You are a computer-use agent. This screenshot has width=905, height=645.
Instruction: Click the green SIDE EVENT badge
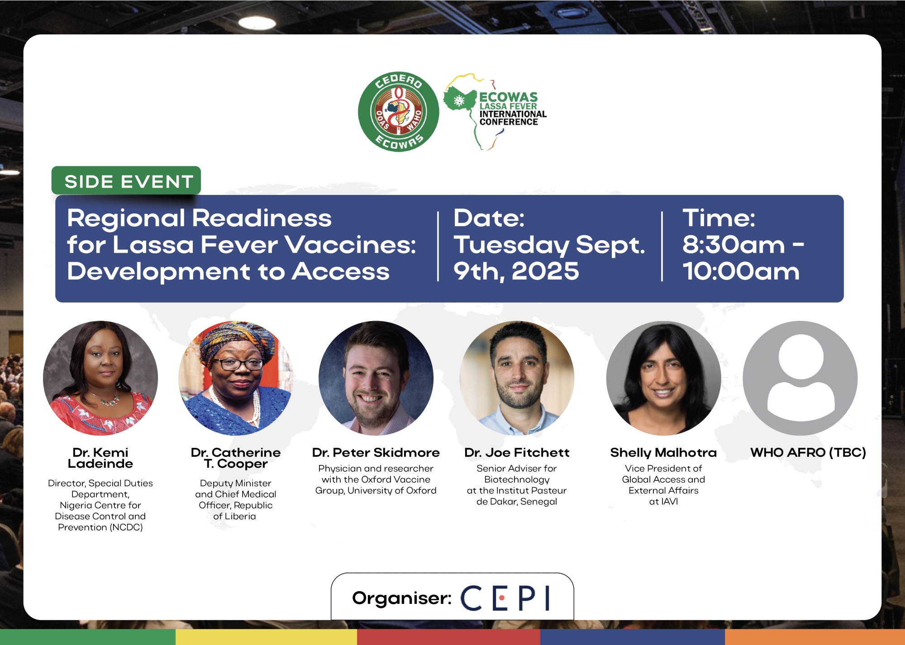(126, 181)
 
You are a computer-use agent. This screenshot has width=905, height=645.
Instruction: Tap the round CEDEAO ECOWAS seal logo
(399, 112)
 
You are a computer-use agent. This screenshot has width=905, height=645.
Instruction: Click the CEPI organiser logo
(505, 598)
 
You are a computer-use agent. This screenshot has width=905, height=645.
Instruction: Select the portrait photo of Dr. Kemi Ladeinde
(100, 378)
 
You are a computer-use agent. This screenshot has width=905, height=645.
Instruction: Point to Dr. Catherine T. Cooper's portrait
(236, 378)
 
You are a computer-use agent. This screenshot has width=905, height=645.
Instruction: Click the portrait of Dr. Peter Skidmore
(376, 378)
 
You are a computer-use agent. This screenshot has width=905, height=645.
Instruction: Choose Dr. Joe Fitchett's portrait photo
(517, 378)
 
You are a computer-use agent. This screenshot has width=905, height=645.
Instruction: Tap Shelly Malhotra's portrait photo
(663, 378)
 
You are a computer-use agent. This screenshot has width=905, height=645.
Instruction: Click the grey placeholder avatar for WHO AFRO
(800, 378)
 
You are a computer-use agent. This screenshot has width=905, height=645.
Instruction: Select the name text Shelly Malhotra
(663, 453)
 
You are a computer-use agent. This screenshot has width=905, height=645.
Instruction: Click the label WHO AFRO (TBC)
(808, 452)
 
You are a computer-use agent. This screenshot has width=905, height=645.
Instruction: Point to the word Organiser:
(402, 598)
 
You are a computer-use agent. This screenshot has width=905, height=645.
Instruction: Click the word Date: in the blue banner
(489, 218)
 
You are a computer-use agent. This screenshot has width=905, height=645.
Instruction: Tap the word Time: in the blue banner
(719, 218)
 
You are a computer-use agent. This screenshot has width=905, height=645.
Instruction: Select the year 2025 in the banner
(545, 271)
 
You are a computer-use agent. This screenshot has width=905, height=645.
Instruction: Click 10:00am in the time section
(741, 271)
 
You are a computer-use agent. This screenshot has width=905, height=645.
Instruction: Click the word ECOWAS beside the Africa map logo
(509, 97)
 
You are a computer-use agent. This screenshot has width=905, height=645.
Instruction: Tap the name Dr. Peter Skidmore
(376, 453)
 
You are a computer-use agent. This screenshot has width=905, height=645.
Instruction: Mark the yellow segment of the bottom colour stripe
(266, 637)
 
